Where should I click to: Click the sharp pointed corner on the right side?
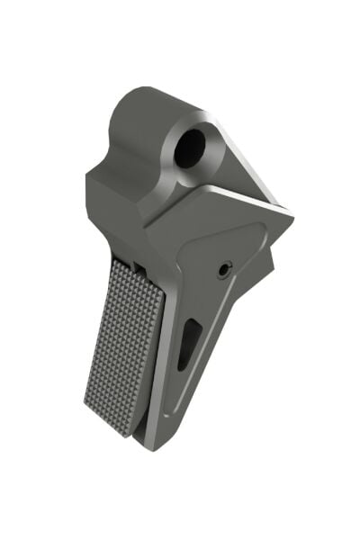click(292, 215)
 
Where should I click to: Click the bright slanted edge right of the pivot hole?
click(238, 162)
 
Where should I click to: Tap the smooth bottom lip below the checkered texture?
click(126, 430)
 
